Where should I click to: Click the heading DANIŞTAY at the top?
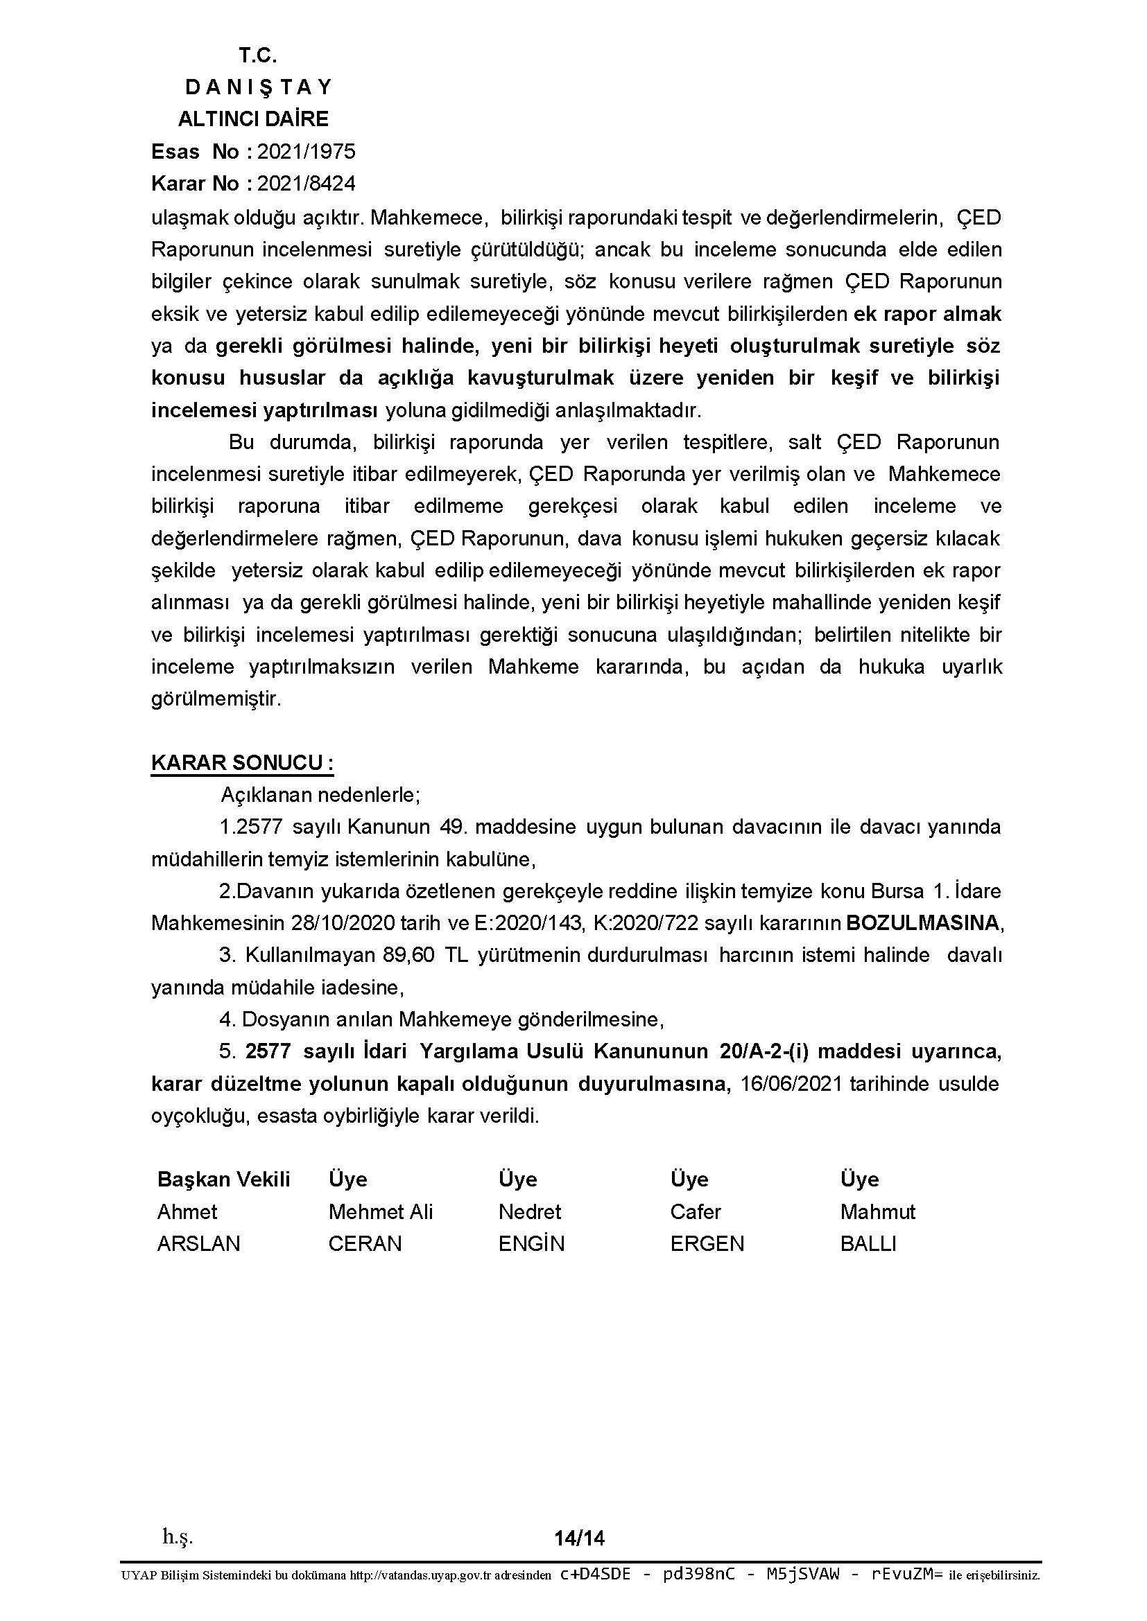tap(258, 87)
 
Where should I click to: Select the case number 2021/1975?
tap(306, 151)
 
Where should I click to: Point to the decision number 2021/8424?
tap(306, 184)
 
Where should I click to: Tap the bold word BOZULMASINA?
tap(923, 922)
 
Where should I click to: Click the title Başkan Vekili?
tap(224, 1179)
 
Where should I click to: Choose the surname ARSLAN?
tap(198, 1243)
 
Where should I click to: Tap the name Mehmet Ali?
tap(380, 1211)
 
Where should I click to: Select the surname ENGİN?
tap(531, 1243)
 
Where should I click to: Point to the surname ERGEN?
tap(707, 1243)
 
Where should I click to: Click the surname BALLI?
tap(868, 1243)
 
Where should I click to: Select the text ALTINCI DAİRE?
tap(253, 119)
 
